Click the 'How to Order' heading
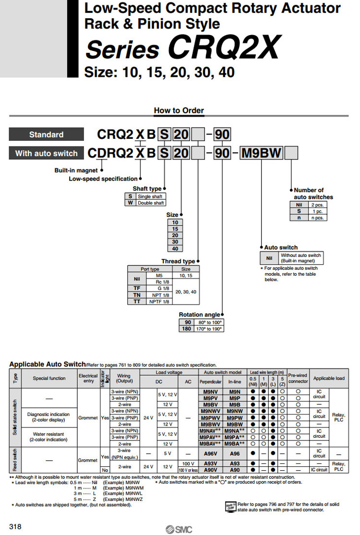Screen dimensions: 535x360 [x=179, y=110]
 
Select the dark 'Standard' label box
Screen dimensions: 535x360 [x=46, y=134]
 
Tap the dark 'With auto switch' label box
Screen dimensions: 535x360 [x=46, y=153]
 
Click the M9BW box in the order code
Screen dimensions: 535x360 [x=262, y=153]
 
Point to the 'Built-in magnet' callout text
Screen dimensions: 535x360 [x=76, y=170]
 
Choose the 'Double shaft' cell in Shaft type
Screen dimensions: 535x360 [x=151, y=203]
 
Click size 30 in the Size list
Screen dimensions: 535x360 [x=175, y=242]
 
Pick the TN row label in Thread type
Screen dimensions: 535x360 [x=137, y=294]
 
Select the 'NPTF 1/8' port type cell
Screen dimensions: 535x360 [x=159, y=301]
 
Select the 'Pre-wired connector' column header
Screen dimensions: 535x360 [x=298, y=378]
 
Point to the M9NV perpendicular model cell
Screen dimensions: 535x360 [x=209, y=391]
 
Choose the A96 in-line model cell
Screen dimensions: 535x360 [x=235, y=453]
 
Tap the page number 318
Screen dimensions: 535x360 [x=15, y=527]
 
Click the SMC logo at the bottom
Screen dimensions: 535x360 [x=179, y=529]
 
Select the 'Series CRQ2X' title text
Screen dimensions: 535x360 [x=182, y=49]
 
